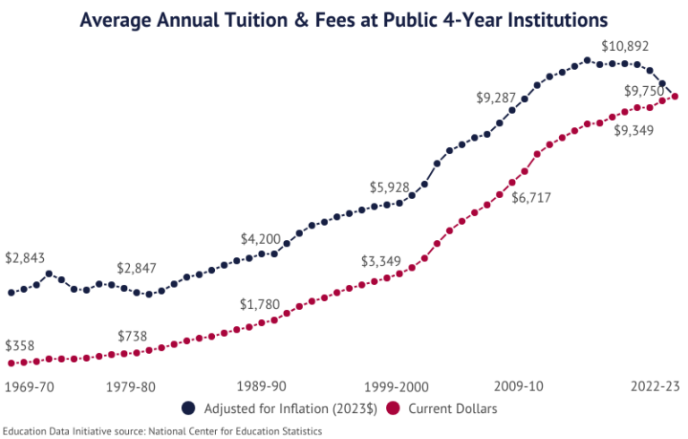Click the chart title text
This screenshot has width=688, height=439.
(344, 19)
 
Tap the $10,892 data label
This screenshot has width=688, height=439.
(625, 46)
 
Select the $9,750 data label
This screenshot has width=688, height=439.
(644, 90)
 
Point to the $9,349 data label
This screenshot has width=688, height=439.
(633, 131)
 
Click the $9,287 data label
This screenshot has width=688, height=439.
(499, 98)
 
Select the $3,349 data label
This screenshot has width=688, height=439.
(383, 262)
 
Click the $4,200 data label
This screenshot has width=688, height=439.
(261, 239)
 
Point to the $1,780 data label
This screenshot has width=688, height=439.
(261, 304)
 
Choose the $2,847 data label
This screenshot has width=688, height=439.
(136, 269)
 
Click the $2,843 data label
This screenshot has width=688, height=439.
(23, 258)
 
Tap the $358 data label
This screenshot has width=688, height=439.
(19, 345)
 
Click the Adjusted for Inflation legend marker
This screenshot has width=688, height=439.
(189, 409)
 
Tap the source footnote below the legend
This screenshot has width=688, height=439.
(161, 431)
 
